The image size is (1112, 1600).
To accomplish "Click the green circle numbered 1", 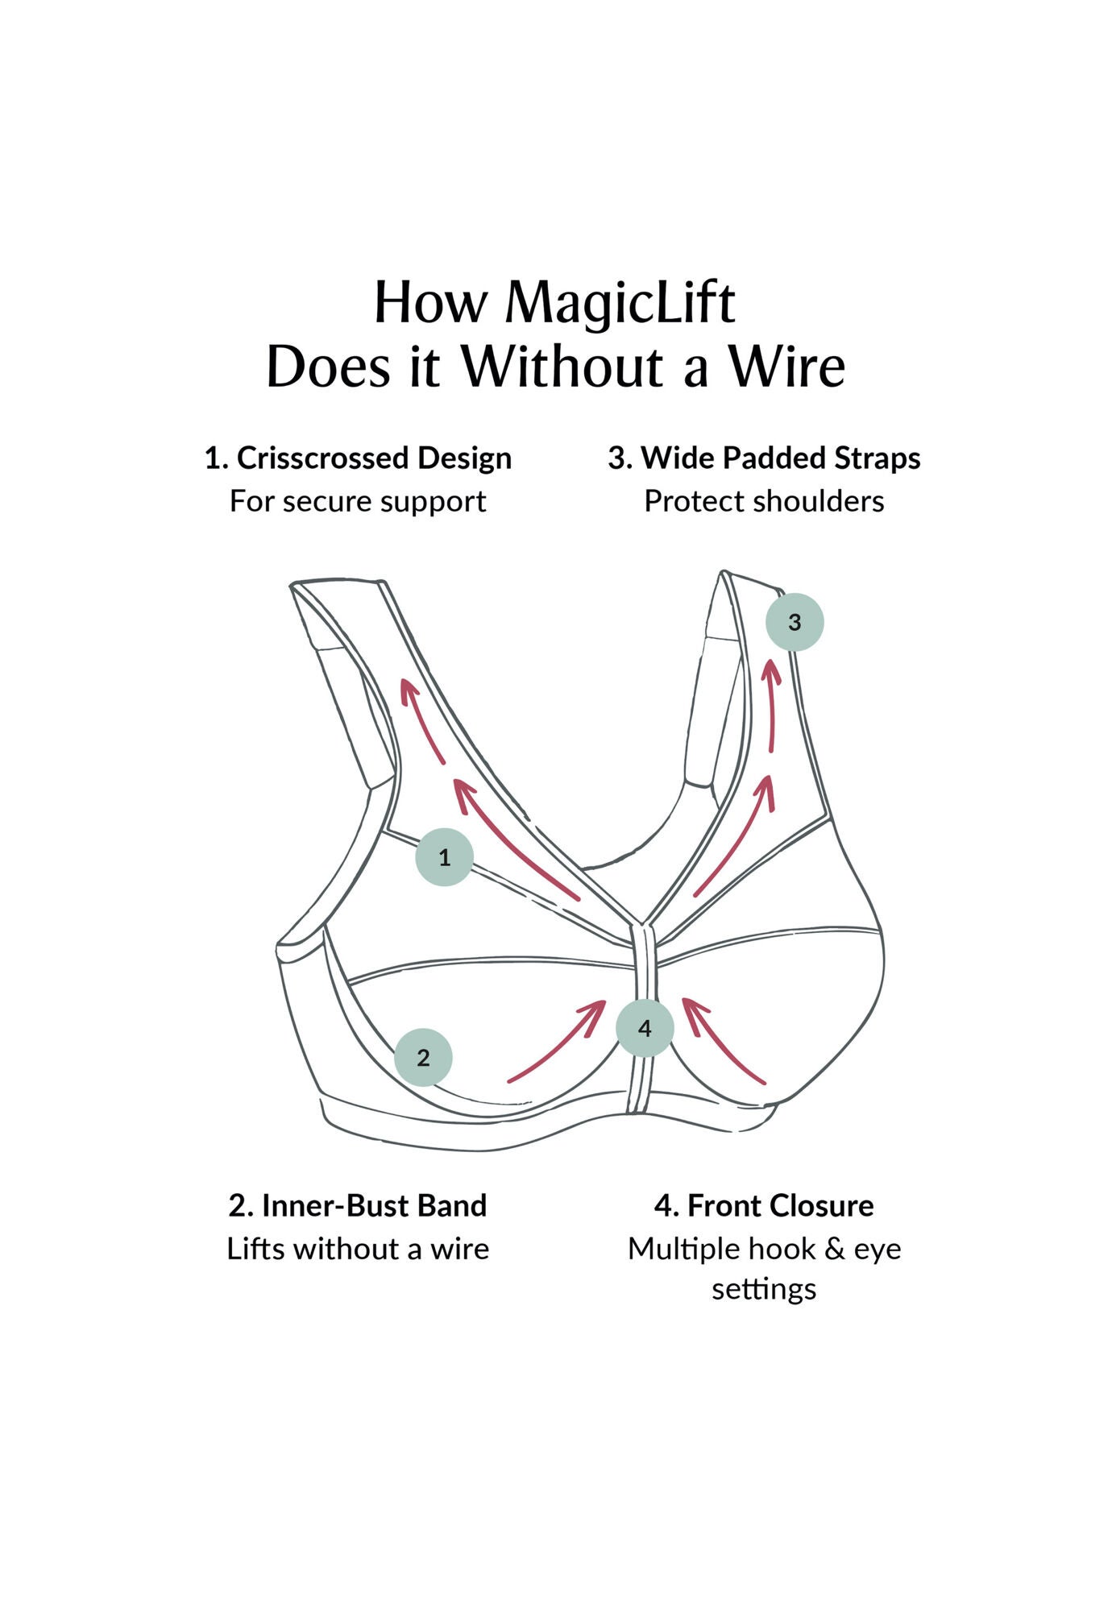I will [x=444, y=856].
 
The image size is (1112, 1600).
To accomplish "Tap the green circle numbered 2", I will [x=423, y=1057].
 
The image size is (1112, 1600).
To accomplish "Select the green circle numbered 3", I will [x=795, y=621].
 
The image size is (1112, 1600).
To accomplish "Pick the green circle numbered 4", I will [x=645, y=1028].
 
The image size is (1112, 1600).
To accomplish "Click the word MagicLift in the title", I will [x=620, y=303].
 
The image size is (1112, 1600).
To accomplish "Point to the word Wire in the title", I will [x=786, y=367].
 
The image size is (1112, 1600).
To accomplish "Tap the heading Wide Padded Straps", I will [x=780, y=458].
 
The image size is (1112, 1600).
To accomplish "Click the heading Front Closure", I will [x=780, y=1205].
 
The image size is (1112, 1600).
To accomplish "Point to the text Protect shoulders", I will [x=764, y=501].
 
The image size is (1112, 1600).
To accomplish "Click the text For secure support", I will [x=358, y=501].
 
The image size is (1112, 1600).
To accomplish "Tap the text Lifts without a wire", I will [x=358, y=1249].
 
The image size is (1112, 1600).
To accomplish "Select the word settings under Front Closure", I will [x=764, y=1288].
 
